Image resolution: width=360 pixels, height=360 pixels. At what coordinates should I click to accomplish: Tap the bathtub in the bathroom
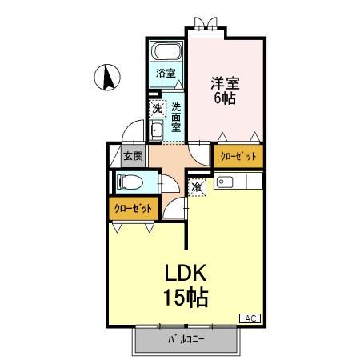tap(167, 54)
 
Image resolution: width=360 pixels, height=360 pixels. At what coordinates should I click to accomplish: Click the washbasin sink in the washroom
tap(157, 131)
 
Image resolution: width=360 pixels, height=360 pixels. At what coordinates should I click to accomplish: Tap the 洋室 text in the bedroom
tap(225, 82)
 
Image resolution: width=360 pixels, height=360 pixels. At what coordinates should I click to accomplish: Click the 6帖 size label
tap(225, 99)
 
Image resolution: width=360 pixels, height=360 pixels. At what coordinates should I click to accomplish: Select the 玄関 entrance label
tap(132, 156)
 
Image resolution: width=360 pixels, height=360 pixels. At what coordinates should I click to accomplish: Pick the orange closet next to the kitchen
tap(238, 156)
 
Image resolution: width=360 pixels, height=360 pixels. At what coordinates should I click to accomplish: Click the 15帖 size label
tap(186, 298)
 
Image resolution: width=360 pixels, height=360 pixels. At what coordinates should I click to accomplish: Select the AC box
tap(250, 318)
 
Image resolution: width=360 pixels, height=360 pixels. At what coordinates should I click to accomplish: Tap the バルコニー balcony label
tap(186, 339)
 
